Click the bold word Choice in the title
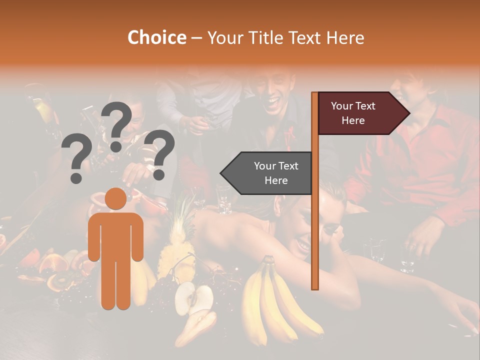pos(156,38)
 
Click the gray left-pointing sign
pos(267,173)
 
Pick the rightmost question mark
pos(159,153)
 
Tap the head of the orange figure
pos(115,198)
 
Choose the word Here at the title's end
pos(345,38)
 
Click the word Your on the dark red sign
pos(342,106)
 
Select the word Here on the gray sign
pos(276,180)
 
